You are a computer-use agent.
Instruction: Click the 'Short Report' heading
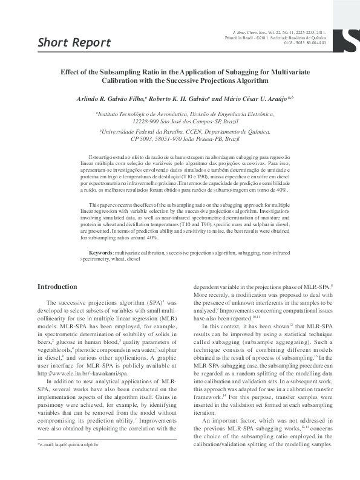[74, 42]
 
